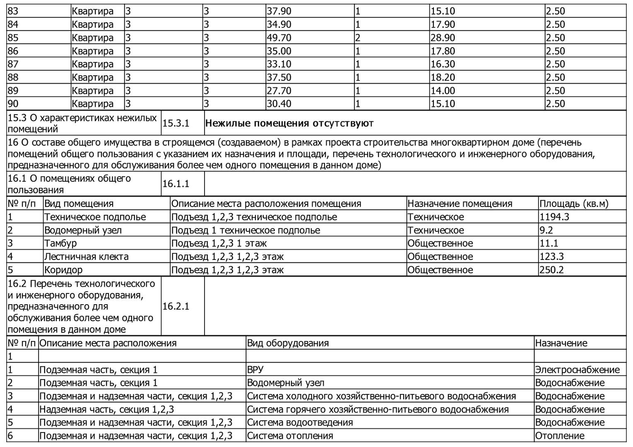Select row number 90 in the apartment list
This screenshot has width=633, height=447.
(x=13, y=103)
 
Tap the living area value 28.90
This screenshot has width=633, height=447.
(x=443, y=38)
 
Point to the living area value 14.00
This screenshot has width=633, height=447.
(x=443, y=91)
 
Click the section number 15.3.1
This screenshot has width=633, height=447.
(x=176, y=123)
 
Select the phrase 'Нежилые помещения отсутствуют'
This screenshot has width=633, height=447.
(x=289, y=123)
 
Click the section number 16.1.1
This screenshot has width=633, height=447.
(x=176, y=184)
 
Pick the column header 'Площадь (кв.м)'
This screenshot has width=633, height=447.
(x=574, y=204)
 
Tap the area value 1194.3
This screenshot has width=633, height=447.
(x=555, y=217)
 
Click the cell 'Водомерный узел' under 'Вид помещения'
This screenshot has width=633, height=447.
(x=83, y=230)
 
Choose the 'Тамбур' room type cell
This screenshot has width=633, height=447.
(x=60, y=243)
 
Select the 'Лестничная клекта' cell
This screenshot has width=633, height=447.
(x=86, y=257)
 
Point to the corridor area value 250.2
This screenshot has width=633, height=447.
(x=551, y=270)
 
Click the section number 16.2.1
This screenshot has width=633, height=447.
(x=176, y=306)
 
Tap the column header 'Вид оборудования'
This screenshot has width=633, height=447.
(x=288, y=343)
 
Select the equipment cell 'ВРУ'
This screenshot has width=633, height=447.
(x=255, y=370)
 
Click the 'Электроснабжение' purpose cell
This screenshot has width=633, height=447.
(x=577, y=370)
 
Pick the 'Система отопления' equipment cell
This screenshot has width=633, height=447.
(x=290, y=436)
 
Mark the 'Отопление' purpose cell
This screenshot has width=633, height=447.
(x=560, y=436)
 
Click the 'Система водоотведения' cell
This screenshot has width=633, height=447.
(x=300, y=423)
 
